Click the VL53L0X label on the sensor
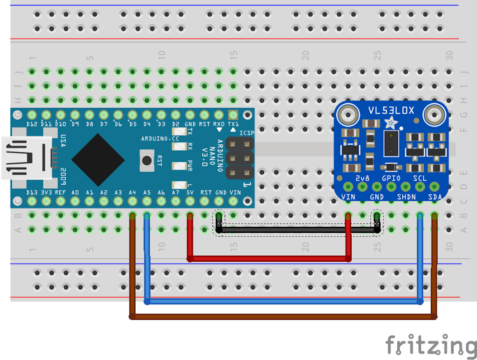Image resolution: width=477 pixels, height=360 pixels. click(x=391, y=111)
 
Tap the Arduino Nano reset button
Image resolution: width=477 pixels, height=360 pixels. click(x=147, y=160)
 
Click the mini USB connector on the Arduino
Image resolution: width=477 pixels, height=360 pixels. click(x=26, y=157)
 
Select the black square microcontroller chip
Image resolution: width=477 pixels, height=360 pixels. click(x=98, y=160)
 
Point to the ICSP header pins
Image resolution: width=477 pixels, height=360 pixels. click(x=239, y=158)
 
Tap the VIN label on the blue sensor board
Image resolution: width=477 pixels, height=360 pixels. click(x=348, y=197)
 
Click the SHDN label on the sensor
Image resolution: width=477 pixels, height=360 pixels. click(x=406, y=197)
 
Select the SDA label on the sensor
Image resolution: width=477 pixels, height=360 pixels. click(x=435, y=197)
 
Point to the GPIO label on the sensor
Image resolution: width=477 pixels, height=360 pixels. click(x=391, y=178)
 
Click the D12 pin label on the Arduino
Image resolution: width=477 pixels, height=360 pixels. click(x=32, y=124)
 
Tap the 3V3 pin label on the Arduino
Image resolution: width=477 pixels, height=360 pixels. click(x=46, y=193)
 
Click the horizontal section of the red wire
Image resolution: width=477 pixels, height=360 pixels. click(x=269, y=258)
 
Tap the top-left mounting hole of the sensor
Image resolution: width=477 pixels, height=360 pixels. click(x=348, y=114)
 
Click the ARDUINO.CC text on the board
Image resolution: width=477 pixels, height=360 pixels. click(x=160, y=139)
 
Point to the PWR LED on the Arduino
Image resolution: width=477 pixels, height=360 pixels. click(x=179, y=165)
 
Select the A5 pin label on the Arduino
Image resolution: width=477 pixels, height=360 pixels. click(x=147, y=193)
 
